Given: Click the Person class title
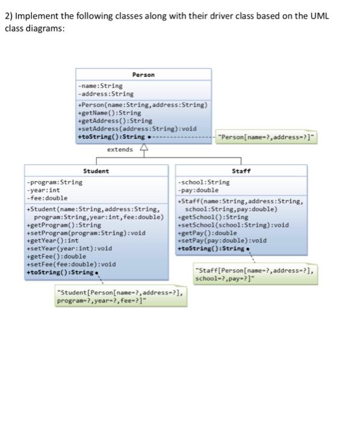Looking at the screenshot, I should [x=143, y=75].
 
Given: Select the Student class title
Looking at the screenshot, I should [x=96, y=171].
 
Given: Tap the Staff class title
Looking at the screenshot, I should [x=241, y=171].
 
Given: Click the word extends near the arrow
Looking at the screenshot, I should [x=120, y=149].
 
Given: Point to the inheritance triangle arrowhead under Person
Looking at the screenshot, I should [x=143, y=148].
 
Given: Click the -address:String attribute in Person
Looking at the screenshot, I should [x=106, y=94].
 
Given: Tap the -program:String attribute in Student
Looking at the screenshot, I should [x=55, y=182].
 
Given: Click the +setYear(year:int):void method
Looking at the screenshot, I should [x=69, y=248].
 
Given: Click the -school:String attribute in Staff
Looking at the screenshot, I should [x=203, y=182].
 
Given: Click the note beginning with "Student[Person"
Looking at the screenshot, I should [x=120, y=297].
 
